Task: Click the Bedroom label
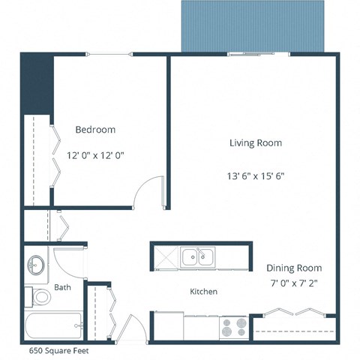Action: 95,130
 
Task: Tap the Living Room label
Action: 256,142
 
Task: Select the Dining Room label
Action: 294,268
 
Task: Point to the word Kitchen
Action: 203,291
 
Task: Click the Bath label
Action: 62,287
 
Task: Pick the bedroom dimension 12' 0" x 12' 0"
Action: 95,156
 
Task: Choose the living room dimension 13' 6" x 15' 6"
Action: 256,176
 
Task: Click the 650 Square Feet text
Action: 59,349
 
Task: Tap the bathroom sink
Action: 35,265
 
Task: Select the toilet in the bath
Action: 40,298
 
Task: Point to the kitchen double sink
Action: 198,258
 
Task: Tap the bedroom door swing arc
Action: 150,191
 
